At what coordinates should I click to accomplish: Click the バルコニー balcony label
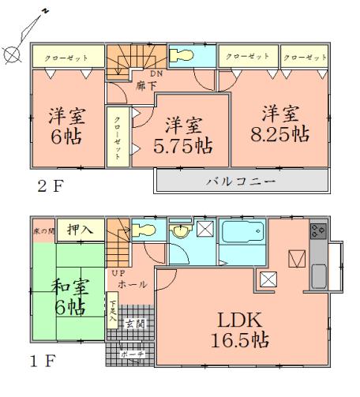(x=241, y=181)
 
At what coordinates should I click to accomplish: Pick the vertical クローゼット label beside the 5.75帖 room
(x=118, y=135)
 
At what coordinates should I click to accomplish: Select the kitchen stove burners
(x=318, y=230)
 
